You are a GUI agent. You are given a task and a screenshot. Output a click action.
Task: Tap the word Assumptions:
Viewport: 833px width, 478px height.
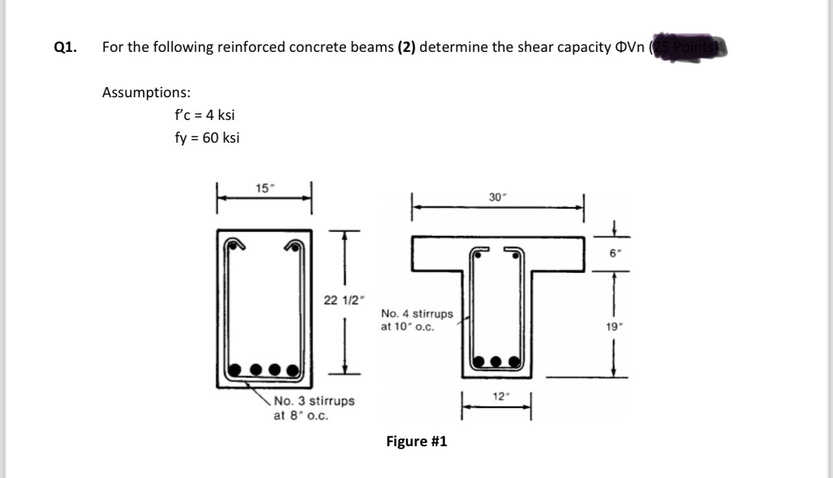tap(146, 92)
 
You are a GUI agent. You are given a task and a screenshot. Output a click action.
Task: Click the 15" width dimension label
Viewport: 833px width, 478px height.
tap(264, 189)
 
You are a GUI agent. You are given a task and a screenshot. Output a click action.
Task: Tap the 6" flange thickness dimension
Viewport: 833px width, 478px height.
tap(614, 254)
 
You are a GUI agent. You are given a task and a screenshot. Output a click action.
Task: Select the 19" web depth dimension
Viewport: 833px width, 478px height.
tap(614, 328)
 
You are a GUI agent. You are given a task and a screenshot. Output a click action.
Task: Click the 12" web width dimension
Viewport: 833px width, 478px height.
tap(497, 396)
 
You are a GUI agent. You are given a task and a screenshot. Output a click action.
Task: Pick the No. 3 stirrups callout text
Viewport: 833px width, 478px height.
tap(314, 407)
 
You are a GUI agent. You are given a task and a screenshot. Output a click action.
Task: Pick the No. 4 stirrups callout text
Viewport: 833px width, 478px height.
tap(417, 320)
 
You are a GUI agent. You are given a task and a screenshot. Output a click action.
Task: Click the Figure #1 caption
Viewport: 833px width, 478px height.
tap(416, 442)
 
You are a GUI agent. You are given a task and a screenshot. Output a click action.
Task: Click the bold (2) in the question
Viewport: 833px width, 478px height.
tap(407, 47)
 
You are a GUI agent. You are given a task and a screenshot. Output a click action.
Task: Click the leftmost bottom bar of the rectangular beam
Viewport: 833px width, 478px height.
tap(235, 371)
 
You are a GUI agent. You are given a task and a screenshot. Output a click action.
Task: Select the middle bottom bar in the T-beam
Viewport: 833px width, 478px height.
tap(497, 362)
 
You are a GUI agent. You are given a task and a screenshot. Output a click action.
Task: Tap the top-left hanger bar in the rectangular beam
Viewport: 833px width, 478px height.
tap(232, 246)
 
